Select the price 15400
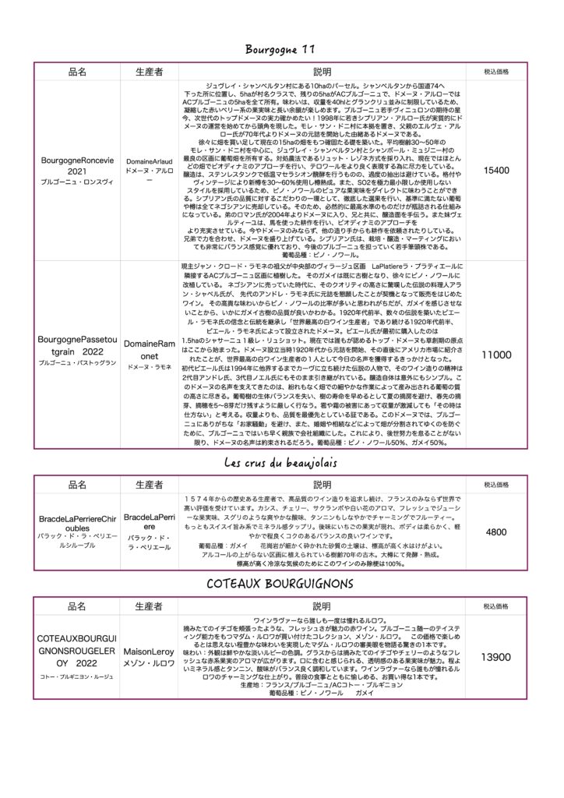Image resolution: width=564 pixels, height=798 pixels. coord(496,170)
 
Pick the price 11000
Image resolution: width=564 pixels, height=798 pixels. coord(496,355)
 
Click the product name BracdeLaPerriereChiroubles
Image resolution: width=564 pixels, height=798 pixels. coord(77,522)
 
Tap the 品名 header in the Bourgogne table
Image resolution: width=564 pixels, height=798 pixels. coord(77,72)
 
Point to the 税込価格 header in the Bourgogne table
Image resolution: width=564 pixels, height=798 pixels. coord(496,72)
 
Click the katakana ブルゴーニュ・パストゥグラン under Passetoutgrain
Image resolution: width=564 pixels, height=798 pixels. coord(77,364)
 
